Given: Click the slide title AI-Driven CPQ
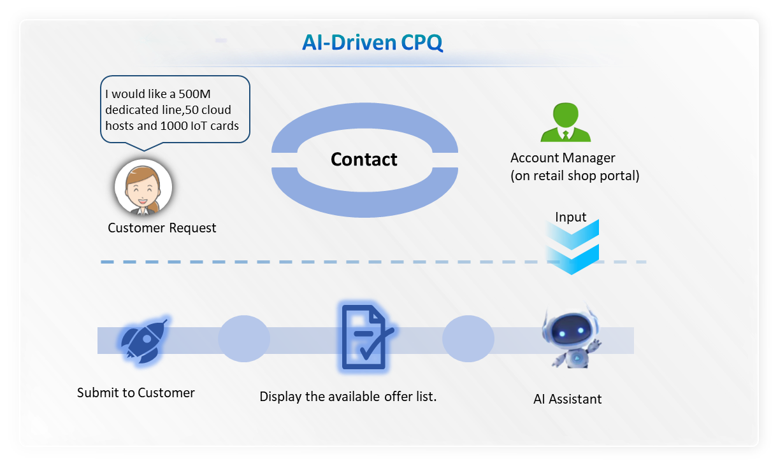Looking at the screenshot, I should (x=372, y=43).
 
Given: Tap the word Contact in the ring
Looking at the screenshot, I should (x=364, y=159).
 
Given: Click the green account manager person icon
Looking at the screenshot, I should (x=565, y=123).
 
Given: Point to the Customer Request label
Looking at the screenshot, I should (x=162, y=228).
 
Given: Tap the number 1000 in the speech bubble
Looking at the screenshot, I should (x=173, y=125).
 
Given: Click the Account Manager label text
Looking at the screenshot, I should (x=563, y=158).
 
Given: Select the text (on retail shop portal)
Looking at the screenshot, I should (x=575, y=176).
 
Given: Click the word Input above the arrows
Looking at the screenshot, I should (x=570, y=217).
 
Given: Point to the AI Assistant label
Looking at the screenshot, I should (x=567, y=399).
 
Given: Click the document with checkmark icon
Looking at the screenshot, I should (x=364, y=337).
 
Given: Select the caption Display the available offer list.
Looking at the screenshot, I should (x=348, y=397).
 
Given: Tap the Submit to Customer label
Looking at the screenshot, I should (x=136, y=393).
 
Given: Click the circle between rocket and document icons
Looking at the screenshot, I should (x=244, y=339).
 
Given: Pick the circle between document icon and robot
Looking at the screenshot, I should (x=468, y=339).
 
